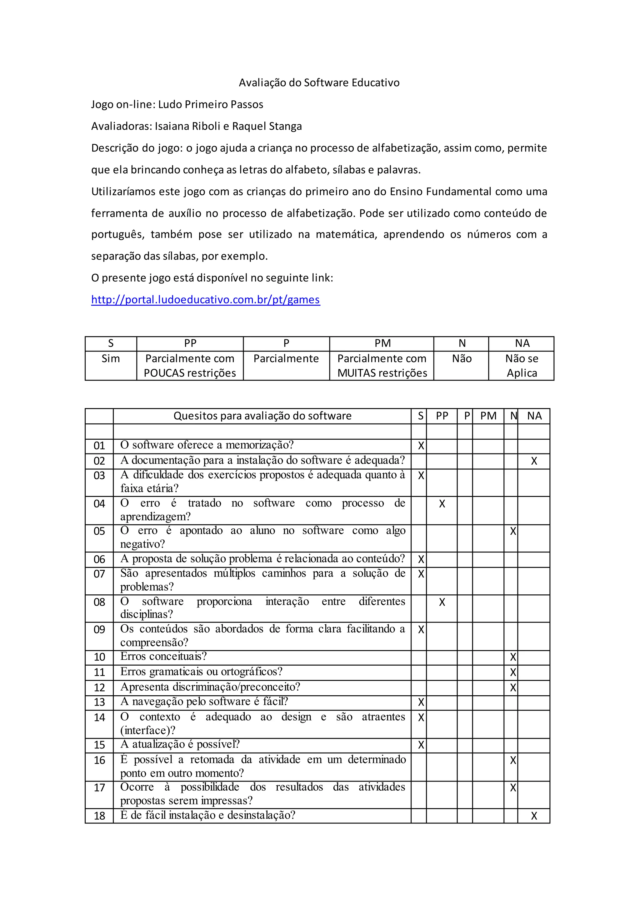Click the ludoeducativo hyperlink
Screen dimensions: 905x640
pyautogui.click(x=205, y=300)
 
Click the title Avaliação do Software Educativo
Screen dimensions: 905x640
pyautogui.click(x=319, y=83)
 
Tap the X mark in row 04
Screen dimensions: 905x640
pyautogui.click(x=442, y=504)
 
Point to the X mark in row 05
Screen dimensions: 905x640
pyautogui.click(x=513, y=531)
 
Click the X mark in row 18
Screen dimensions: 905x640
pyautogui.click(x=534, y=816)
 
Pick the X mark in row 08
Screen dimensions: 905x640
pyautogui.click(x=442, y=602)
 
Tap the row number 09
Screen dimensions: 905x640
pyautogui.click(x=99, y=629)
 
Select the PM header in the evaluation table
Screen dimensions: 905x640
pyautogui.click(x=488, y=416)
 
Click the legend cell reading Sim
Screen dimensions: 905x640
pyautogui.click(x=111, y=359)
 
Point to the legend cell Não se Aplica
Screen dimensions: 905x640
pyautogui.click(x=522, y=366)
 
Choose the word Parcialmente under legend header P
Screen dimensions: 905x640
pyautogui.click(x=286, y=359)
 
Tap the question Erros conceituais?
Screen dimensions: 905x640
pyautogui.click(x=163, y=656)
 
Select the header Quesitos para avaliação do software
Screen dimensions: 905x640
pyautogui.click(x=262, y=416)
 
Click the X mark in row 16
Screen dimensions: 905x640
pyautogui.click(x=513, y=760)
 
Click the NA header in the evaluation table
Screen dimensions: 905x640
pyautogui.click(x=534, y=416)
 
